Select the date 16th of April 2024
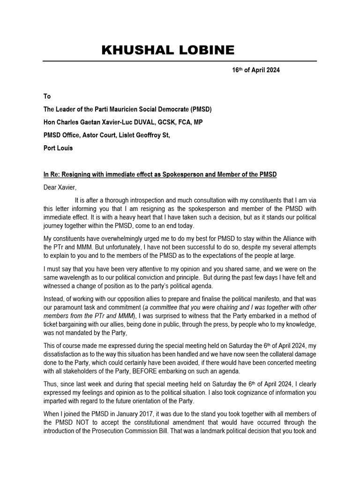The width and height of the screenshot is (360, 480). [256, 70]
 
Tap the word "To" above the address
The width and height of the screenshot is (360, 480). [47, 96]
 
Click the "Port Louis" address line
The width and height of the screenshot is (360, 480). [58, 148]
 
